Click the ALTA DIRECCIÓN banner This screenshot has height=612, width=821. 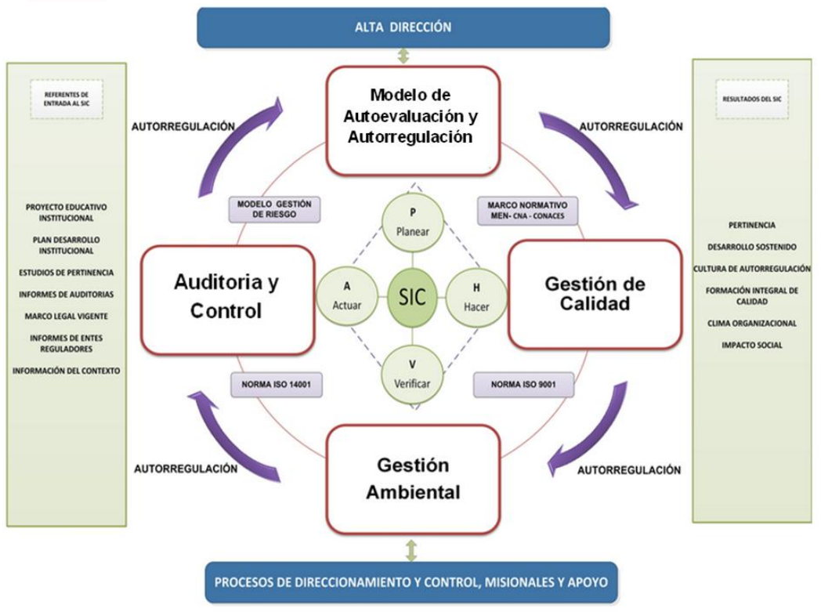[403, 26]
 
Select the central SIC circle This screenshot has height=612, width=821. [413, 296]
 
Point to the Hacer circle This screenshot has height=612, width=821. [477, 296]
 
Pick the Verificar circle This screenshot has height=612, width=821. [413, 371]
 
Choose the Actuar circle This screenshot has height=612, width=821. [347, 296]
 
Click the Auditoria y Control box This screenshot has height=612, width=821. [227, 296]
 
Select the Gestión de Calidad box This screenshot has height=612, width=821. [595, 294]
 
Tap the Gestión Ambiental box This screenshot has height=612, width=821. [413, 479]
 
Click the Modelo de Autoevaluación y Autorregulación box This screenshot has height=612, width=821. [413, 118]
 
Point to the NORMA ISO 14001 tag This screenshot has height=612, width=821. [277, 385]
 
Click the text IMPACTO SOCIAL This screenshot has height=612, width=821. [752, 344]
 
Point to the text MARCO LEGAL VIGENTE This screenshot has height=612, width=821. [66, 316]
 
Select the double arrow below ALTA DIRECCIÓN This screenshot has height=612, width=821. [403, 55]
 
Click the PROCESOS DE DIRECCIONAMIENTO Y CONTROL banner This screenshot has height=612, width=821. [411, 582]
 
